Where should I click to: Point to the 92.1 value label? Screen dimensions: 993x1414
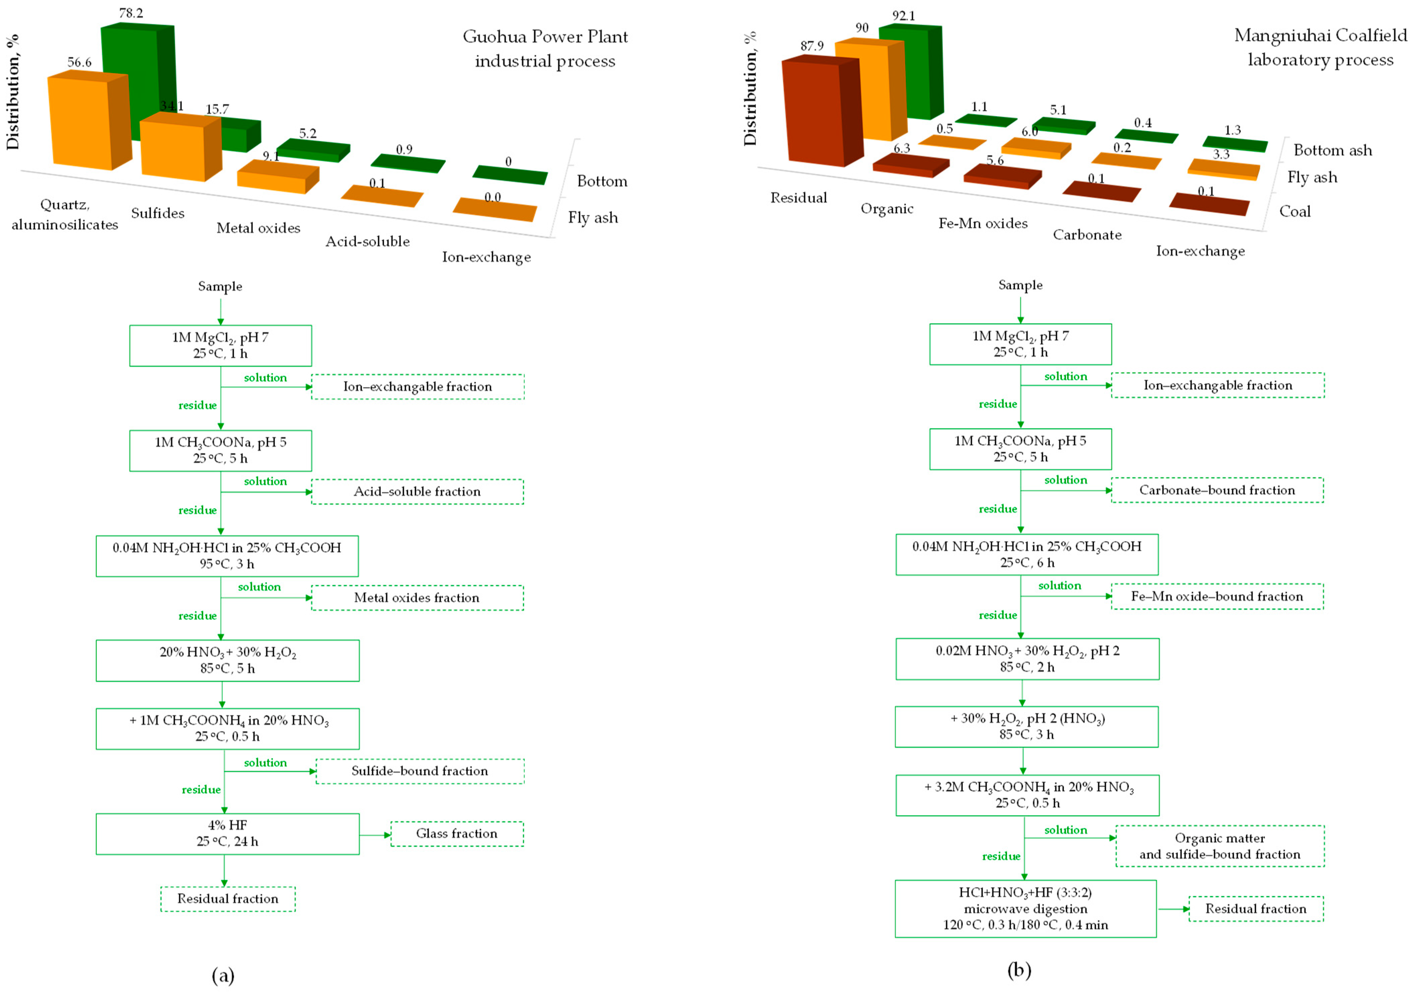pos(904,16)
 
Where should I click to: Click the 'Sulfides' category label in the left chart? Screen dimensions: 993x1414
pos(158,213)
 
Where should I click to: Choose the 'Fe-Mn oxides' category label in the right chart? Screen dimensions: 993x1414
pos(983,223)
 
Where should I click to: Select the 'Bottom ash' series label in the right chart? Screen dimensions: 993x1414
pos(1333,150)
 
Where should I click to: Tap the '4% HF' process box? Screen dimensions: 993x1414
pos(227,834)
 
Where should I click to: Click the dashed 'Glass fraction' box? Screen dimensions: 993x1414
pos(457,834)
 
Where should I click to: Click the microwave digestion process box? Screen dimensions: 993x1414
pos(1026,909)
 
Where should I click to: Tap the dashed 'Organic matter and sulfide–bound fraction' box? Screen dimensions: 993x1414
pos(1219,846)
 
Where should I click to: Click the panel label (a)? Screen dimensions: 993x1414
pos(223,975)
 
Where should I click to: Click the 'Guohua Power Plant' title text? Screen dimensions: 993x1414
pos(545,37)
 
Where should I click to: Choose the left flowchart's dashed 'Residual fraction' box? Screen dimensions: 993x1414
pos(228,899)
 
